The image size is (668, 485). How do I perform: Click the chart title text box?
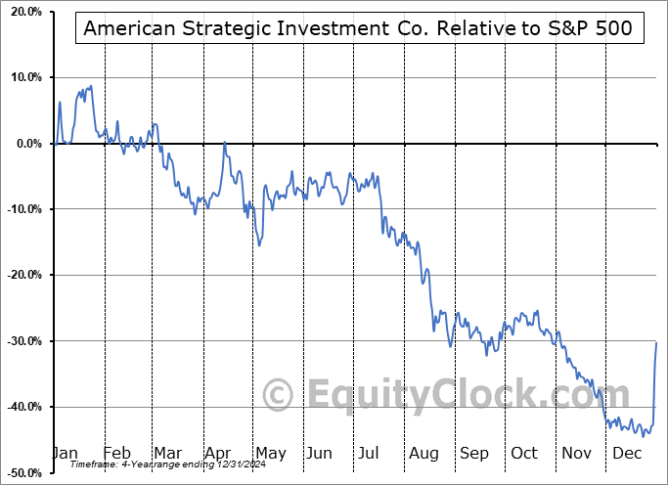(x=359, y=28)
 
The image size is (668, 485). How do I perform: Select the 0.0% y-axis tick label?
(x=26, y=144)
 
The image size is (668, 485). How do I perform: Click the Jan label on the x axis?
(x=65, y=453)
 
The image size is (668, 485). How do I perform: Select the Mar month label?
(x=167, y=453)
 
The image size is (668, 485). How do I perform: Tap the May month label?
(x=270, y=453)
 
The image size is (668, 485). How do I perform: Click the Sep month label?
(x=473, y=453)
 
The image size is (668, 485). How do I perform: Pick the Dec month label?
(x=626, y=453)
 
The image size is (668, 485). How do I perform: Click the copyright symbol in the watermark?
(x=279, y=396)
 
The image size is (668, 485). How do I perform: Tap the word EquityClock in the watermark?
(x=455, y=395)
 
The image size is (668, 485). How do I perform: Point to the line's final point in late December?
(x=656, y=342)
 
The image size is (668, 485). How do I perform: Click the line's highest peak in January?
(x=91, y=86)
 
